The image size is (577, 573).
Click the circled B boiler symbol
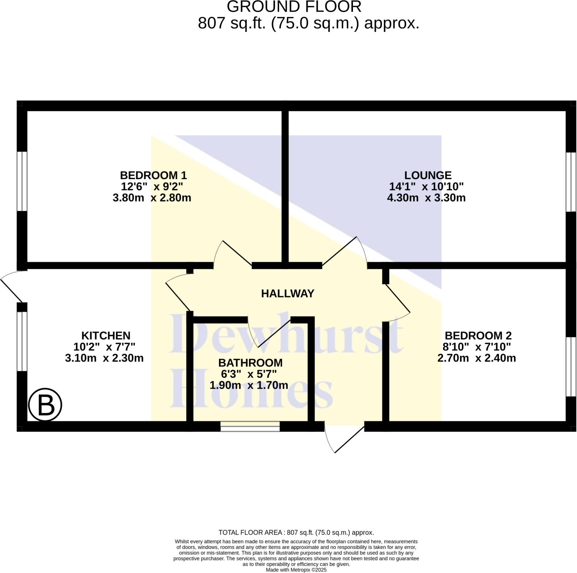tap(45, 405)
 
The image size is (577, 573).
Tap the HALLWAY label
tap(288, 293)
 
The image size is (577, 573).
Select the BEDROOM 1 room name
tap(153, 175)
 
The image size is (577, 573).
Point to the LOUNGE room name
tap(428, 175)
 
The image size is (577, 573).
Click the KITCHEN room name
tap(106, 336)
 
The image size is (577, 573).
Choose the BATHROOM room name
tap(250, 363)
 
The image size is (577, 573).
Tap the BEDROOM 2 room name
tap(478, 336)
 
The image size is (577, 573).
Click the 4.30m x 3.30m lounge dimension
tap(426, 198)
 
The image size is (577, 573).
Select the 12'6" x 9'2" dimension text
tap(152, 187)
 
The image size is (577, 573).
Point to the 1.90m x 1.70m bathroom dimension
tap(249, 385)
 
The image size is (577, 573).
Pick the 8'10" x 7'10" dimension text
tap(476, 347)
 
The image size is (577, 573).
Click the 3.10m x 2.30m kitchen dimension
tap(104, 358)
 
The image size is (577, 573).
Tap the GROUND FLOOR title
tap(294, 7)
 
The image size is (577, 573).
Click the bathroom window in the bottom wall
tap(250, 426)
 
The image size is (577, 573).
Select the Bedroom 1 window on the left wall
tap(22, 181)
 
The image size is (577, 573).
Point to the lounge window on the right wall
tap(571, 182)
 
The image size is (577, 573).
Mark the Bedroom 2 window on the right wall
tap(571, 366)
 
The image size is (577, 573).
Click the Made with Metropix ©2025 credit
tap(296, 570)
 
